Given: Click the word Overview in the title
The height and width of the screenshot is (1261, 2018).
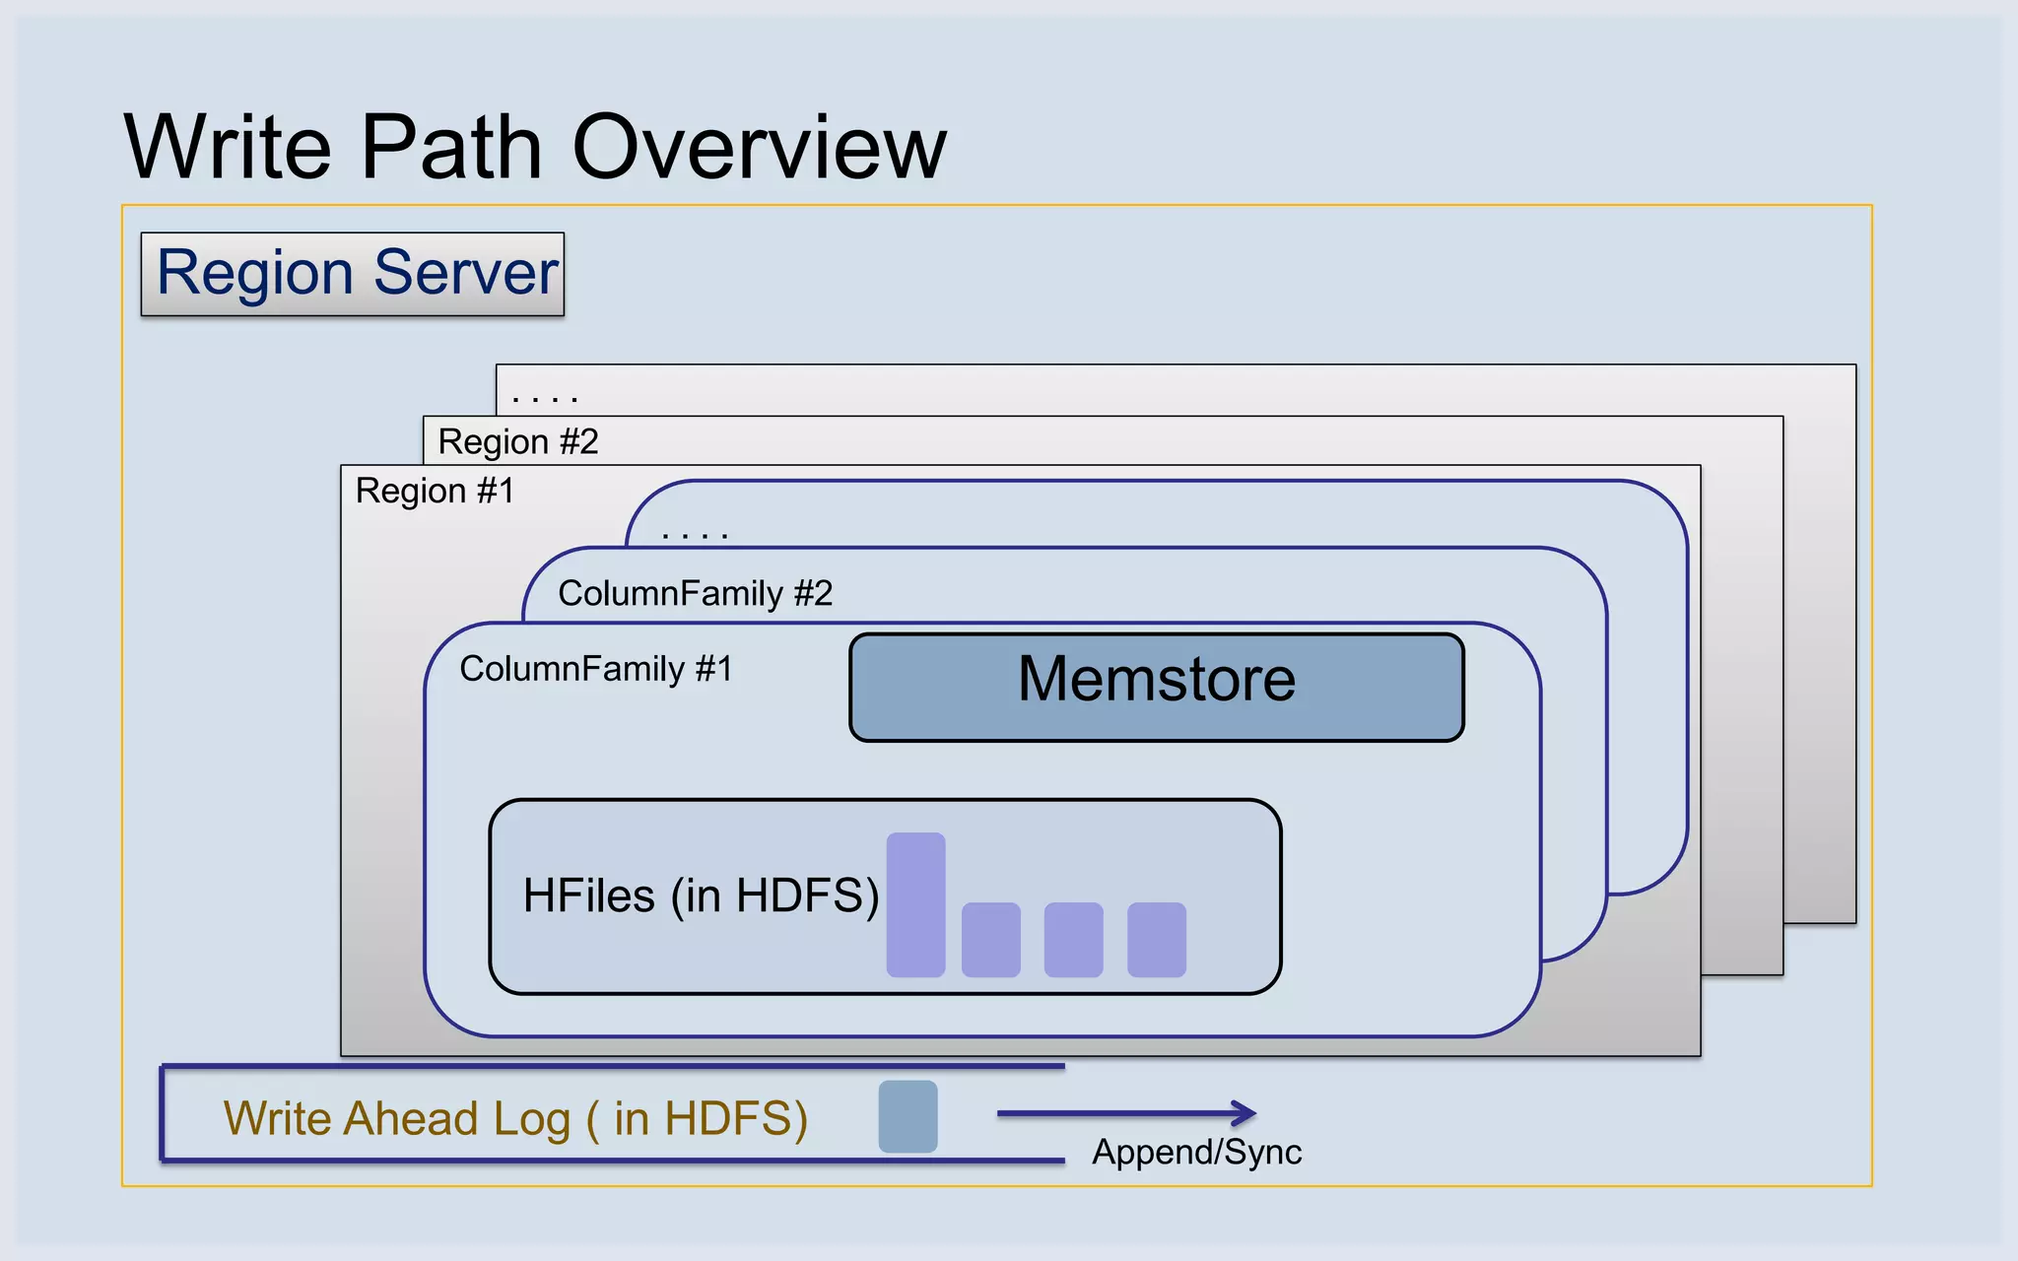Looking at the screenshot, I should [x=759, y=148].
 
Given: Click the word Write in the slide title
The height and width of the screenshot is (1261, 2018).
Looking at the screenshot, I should [x=228, y=148].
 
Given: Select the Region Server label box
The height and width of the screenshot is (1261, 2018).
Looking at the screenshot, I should [x=353, y=274].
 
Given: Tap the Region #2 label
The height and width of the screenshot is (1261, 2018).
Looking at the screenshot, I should [x=518, y=441].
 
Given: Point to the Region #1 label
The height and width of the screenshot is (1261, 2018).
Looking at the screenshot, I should [x=435, y=491].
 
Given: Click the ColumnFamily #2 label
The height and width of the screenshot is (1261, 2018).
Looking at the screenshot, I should [x=695, y=593].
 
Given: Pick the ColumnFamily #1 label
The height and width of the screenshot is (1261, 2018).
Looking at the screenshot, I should [x=596, y=669].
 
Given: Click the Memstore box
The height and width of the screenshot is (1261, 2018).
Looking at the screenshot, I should [x=1156, y=687].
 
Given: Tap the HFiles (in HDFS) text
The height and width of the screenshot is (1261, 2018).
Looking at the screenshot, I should [x=701, y=896].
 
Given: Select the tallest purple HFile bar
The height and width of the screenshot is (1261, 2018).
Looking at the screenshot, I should [x=915, y=904].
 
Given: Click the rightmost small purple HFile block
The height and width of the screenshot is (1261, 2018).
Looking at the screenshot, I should [x=1156, y=940].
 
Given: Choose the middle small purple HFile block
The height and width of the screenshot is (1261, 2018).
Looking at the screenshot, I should [x=1073, y=940].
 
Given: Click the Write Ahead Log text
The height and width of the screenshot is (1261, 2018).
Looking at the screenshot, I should [x=515, y=1118].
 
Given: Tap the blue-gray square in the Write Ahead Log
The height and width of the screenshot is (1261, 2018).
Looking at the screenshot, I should [x=908, y=1116].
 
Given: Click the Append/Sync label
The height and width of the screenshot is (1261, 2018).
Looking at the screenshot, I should [x=1196, y=1152].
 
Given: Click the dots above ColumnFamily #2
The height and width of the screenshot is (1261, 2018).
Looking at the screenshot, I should [x=695, y=536].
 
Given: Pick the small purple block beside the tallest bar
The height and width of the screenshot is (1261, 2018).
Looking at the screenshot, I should [x=990, y=940].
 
